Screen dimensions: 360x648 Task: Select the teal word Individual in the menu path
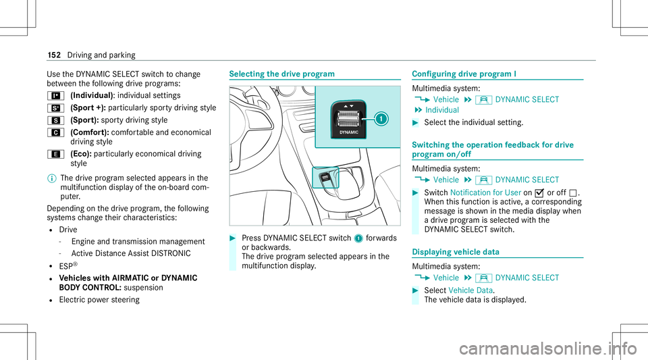click(x=443, y=109)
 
